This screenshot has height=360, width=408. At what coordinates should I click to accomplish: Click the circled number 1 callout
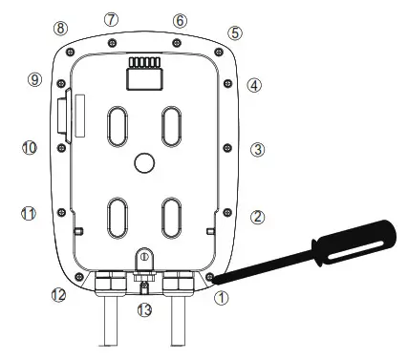pyautogui.click(x=222, y=298)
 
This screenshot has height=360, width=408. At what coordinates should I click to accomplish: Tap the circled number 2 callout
pyautogui.click(x=257, y=217)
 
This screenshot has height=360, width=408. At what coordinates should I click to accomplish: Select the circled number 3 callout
pyautogui.click(x=257, y=150)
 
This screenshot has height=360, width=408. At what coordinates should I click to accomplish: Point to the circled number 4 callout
pyautogui.click(x=254, y=85)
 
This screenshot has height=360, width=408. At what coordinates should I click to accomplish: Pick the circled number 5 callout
pyautogui.click(x=236, y=32)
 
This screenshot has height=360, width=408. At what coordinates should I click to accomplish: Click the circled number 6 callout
pyautogui.click(x=181, y=20)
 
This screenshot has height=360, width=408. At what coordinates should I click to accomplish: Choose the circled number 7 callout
pyautogui.click(x=112, y=19)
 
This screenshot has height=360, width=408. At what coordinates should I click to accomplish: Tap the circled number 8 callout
pyautogui.click(x=61, y=29)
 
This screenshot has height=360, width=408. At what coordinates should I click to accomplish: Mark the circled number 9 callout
pyautogui.click(x=34, y=80)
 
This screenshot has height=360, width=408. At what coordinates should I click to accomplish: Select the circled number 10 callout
pyautogui.click(x=29, y=148)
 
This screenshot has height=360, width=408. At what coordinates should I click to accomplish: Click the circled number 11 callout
pyautogui.click(x=29, y=212)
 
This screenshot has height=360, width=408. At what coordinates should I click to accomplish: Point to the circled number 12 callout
pyautogui.click(x=58, y=295)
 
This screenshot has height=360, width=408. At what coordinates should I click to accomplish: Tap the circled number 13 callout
pyautogui.click(x=144, y=310)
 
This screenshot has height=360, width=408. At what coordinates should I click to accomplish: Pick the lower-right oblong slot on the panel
pyautogui.click(x=172, y=217)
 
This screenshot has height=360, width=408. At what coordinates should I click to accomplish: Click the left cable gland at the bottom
pyautogui.click(x=108, y=282)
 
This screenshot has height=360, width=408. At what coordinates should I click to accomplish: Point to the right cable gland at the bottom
pyautogui.click(x=180, y=282)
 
